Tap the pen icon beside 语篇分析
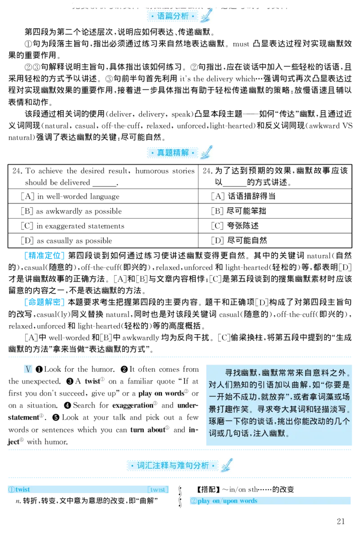tap(207, 17)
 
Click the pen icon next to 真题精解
tap(207, 152)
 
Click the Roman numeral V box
tap(27, 369)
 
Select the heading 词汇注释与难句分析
tap(173, 466)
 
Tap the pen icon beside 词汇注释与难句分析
tap(227, 465)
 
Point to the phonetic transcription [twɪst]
tap(157, 489)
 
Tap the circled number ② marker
tap(193, 501)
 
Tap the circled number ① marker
tap(11, 489)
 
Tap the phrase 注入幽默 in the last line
tap(270, 434)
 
